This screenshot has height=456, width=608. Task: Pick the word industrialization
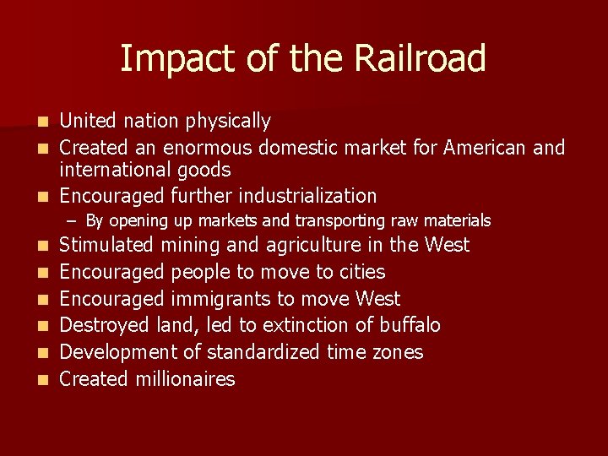[307, 196]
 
